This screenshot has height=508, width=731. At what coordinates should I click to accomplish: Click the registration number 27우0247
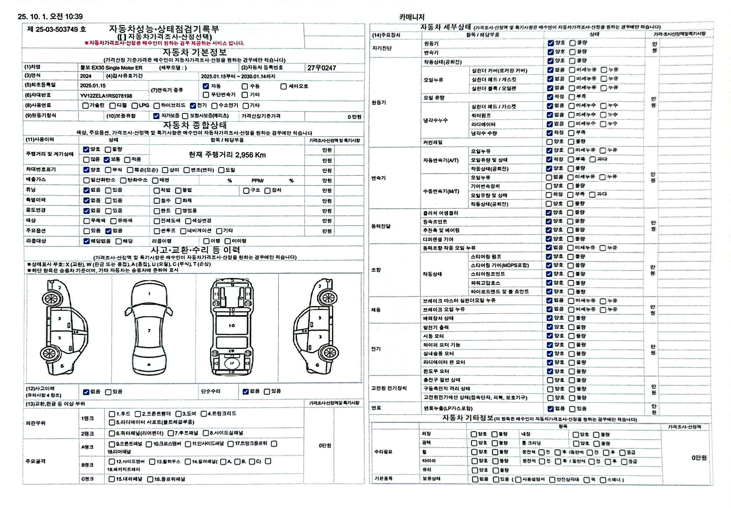click(321, 68)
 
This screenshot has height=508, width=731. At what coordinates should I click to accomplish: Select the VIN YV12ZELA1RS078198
click(106, 96)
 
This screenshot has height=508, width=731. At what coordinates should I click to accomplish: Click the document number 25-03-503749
click(57, 29)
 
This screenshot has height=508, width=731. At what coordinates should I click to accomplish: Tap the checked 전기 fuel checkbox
click(193, 105)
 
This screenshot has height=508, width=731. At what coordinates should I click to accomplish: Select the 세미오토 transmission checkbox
click(283, 86)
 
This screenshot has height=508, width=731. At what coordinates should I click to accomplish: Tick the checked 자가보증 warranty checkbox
click(156, 116)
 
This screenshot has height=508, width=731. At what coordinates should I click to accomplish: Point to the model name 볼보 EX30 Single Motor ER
click(111, 68)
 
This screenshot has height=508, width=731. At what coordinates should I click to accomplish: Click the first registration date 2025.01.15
click(93, 86)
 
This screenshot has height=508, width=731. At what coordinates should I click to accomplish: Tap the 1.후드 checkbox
click(112, 414)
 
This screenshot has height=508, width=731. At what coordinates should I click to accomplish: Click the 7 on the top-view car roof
click(149, 331)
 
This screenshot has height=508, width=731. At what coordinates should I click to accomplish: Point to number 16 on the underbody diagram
click(232, 325)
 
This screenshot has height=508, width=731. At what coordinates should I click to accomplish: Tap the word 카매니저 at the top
click(412, 17)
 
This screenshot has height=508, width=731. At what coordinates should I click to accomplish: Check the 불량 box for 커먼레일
click(571, 142)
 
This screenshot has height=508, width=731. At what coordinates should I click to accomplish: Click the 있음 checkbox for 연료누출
click(572, 409)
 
